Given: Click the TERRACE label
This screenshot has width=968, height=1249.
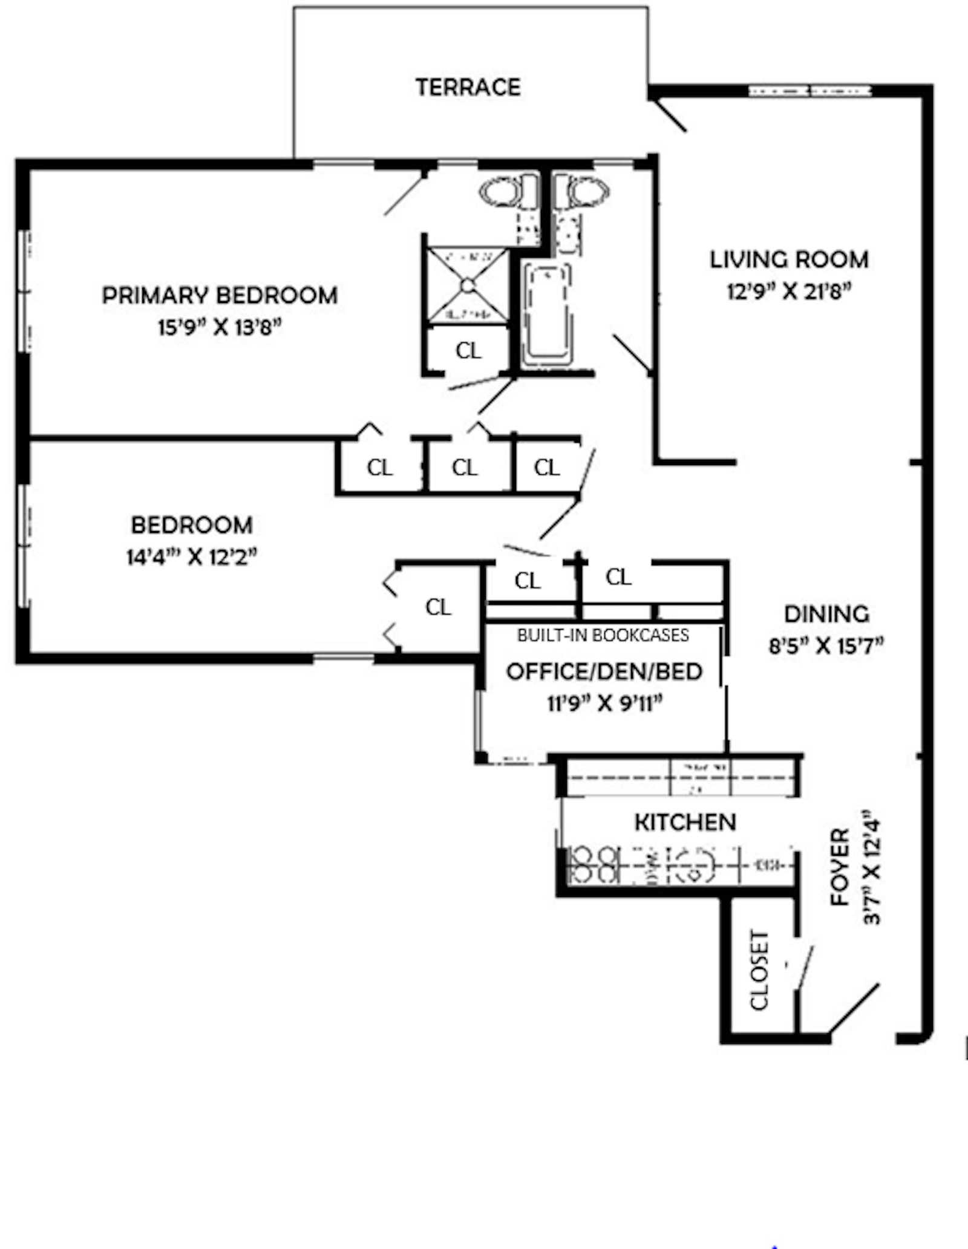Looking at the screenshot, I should pos(468,87).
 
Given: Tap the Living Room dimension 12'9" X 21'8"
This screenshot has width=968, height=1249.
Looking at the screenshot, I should pos(789,292).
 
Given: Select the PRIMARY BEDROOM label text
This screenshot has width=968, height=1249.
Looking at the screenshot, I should pos(220,295).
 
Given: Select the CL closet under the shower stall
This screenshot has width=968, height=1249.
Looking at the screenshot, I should pos(468,350).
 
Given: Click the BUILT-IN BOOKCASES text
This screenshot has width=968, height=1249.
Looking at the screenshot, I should pos(603,635).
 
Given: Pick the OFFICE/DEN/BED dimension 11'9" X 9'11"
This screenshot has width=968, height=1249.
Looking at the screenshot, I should pos(604,704).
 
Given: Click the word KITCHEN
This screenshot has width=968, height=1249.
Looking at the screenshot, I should pos(685,822).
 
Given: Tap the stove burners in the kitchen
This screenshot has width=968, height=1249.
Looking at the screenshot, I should pos(595,864).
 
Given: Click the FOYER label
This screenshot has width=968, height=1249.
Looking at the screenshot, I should pos(840,867).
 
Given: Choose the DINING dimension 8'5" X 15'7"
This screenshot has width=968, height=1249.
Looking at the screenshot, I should pos(826,647).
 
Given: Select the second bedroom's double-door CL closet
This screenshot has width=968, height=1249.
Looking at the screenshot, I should pos(437,607).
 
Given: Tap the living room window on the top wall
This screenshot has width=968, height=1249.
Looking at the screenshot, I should pos(809,91).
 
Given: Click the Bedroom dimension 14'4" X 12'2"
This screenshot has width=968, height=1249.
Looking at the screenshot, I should pos(191,557).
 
